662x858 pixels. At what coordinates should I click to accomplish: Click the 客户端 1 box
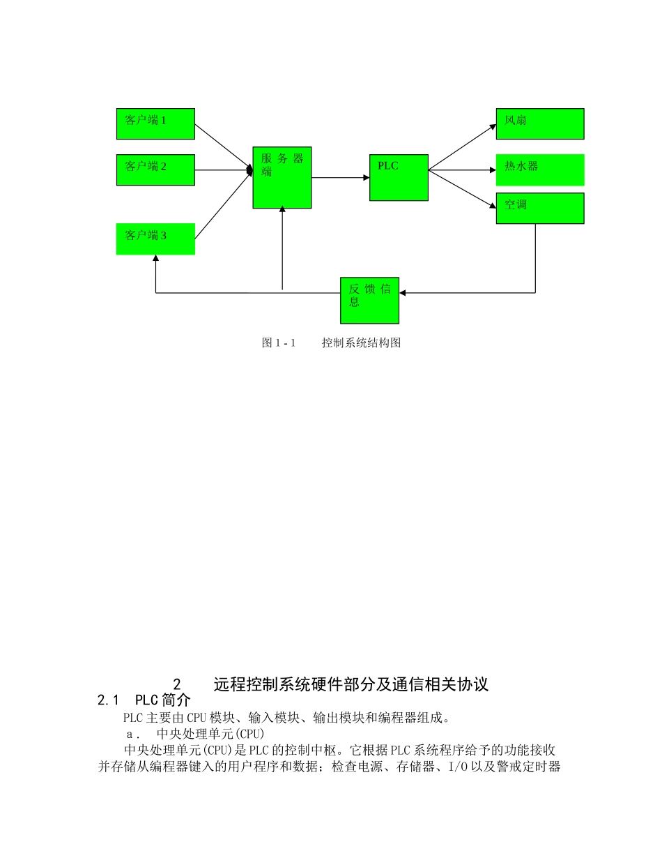155,123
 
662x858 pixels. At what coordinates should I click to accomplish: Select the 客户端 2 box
155,170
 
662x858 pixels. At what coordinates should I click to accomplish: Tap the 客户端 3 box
155,239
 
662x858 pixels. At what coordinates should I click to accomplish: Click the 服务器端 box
282,177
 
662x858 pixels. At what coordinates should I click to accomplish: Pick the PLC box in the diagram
399,177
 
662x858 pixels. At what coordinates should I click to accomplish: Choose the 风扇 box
539,123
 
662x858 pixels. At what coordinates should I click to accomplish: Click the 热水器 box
539,170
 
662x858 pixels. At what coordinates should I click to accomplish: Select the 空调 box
539,208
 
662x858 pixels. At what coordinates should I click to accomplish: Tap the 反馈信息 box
369,300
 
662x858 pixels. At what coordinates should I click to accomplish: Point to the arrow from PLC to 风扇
461,149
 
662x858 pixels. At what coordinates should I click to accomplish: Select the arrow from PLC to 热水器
461,170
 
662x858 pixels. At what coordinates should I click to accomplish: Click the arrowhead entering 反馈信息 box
403,293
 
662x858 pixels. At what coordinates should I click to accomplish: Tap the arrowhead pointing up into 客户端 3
155,259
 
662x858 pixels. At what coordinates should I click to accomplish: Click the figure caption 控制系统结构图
361,343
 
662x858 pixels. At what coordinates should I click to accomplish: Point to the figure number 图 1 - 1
279,343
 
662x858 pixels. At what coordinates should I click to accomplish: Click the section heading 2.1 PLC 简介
144,700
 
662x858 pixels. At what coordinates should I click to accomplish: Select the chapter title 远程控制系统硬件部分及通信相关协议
351,684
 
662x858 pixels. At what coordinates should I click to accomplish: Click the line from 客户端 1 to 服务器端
223,146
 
